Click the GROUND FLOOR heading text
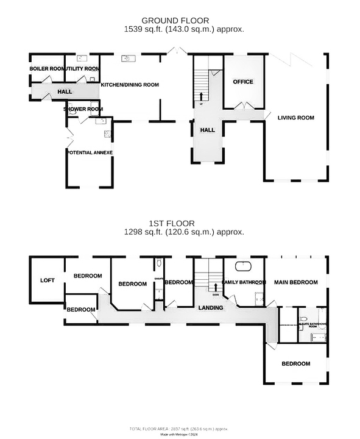[183, 20]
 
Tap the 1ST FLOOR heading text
[183, 223]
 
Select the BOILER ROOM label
[48, 69]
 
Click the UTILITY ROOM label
[83, 69]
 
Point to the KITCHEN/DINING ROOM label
[130, 85]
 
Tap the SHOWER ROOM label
[83, 109]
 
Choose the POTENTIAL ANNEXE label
[90, 152]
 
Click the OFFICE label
[244, 82]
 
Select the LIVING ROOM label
[296, 118]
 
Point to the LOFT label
[47, 281]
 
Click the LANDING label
[211, 307]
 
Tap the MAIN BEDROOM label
[296, 282]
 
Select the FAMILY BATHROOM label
[244, 282]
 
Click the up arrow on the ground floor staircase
[202, 96]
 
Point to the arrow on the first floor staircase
[216, 287]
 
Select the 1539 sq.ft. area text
[183, 28]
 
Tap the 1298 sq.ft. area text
[183, 232]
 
